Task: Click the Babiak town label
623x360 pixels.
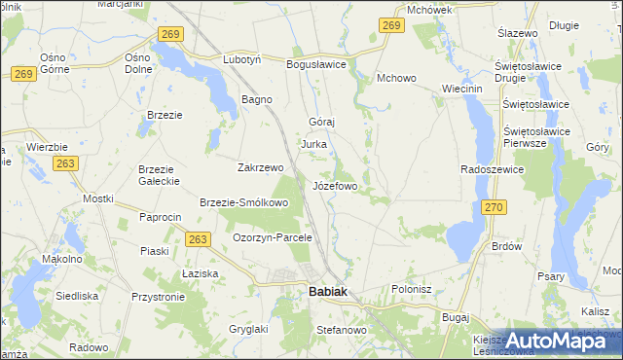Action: (321, 291)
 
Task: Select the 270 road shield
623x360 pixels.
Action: (494, 207)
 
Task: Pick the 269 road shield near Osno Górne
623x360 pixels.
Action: (26, 74)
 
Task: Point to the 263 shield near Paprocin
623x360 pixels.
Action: (198, 239)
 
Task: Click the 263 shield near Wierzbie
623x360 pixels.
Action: (65, 164)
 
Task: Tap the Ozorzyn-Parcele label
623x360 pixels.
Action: (272, 237)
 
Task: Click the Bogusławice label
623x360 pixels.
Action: (316, 64)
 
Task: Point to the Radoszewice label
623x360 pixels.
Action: (493, 169)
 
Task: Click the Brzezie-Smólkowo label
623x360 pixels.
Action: (243, 203)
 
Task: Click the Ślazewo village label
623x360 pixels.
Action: (518, 33)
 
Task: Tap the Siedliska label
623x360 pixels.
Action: (77, 295)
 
